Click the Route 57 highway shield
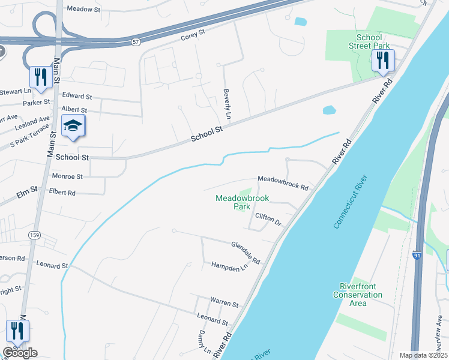136,41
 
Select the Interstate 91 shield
417,256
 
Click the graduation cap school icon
73,126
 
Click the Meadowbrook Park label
242,202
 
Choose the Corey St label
193,37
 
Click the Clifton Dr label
268,219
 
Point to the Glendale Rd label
246,253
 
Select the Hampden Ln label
229,266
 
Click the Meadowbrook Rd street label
283,183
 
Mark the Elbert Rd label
62,193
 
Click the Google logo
20,353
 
